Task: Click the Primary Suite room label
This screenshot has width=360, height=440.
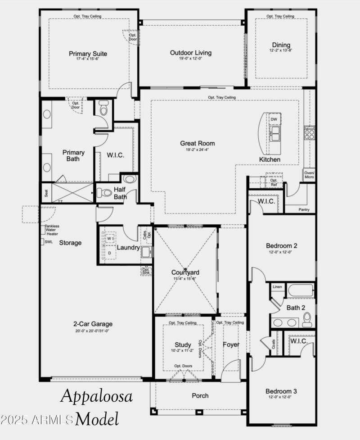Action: (88, 54)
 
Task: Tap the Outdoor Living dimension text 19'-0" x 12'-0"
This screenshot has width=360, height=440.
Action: (190, 59)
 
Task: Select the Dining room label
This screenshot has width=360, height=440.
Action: (281, 45)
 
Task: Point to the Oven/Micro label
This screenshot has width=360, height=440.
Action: (310, 174)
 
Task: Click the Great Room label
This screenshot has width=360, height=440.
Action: (197, 143)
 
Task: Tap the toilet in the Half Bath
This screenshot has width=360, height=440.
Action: (105, 193)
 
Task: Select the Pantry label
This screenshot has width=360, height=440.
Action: (304, 209)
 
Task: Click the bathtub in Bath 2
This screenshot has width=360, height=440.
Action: (300, 290)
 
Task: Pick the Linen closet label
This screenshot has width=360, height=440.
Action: (277, 287)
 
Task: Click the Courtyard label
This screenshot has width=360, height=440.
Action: (185, 272)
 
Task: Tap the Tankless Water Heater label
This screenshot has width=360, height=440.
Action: (52, 230)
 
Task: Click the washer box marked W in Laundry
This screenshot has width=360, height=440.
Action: (109, 238)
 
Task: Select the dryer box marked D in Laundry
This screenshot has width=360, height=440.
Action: (109, 254)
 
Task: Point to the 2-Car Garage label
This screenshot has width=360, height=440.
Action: (93, 324)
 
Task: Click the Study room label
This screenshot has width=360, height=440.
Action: (183, 345)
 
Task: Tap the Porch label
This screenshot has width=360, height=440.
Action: (200, 395)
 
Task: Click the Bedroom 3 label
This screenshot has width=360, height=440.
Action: (281, 391)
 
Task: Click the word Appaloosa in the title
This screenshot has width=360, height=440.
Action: (96, 396)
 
